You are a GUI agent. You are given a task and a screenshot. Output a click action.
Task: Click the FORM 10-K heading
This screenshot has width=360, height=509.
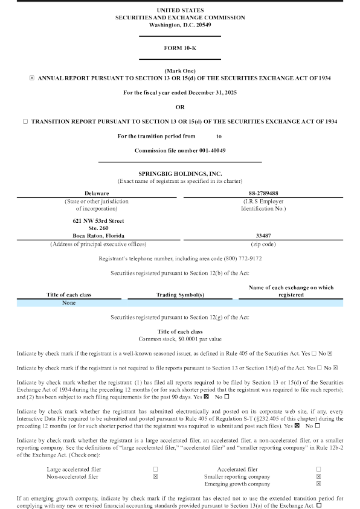(179, 47)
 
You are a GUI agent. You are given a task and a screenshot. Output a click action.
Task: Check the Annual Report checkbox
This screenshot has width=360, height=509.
(32, 78)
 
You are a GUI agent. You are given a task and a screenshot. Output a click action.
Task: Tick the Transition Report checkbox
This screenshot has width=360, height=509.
(25, 121)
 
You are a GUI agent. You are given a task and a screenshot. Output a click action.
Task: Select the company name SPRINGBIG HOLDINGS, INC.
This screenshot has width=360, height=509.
(179, 174)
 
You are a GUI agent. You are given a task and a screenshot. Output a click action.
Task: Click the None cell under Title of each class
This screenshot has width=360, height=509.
(69, 303)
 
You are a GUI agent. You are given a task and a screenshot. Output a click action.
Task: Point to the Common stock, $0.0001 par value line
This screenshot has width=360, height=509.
(179, 339)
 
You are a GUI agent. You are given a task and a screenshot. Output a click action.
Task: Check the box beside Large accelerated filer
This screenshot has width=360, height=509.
(155, 469)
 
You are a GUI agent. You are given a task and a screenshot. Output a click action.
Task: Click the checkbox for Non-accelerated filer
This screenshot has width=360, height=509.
(155, 476)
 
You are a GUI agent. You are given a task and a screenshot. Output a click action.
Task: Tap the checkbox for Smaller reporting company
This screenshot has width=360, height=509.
(318, 476)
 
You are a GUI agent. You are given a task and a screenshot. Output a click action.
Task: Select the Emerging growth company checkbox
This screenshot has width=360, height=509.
(318, 484)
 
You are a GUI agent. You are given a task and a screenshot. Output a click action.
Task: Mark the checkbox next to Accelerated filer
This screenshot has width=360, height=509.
(318, 469)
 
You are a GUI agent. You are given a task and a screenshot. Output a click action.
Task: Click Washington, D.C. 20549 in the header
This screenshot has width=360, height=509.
(179, 25)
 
